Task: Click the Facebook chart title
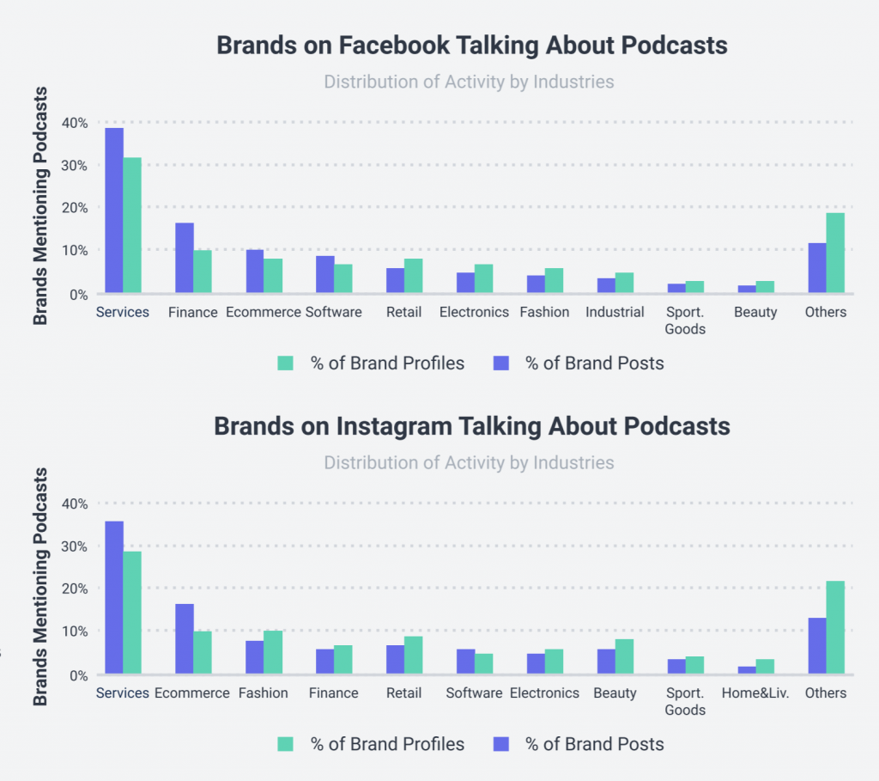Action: (x=471, y=46)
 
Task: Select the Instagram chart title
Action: (x=471, y=426)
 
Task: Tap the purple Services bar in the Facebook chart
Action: (x=114, y=211)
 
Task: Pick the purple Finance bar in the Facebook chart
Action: (x=185, y=258)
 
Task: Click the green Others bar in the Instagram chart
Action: (x=834, y=628)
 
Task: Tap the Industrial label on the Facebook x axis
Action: (x=615, y=312)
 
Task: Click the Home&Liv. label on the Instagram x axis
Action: (x=755, y=693)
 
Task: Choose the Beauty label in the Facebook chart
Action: (x=755, y=312)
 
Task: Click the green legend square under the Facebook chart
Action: (x=286, y=363)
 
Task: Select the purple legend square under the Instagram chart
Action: (x=501, y=744)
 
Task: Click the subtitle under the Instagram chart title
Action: (x=469, y=463)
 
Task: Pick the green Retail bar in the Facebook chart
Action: (x=414, y=276)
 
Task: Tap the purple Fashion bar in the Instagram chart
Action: (x=255, y=657)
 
